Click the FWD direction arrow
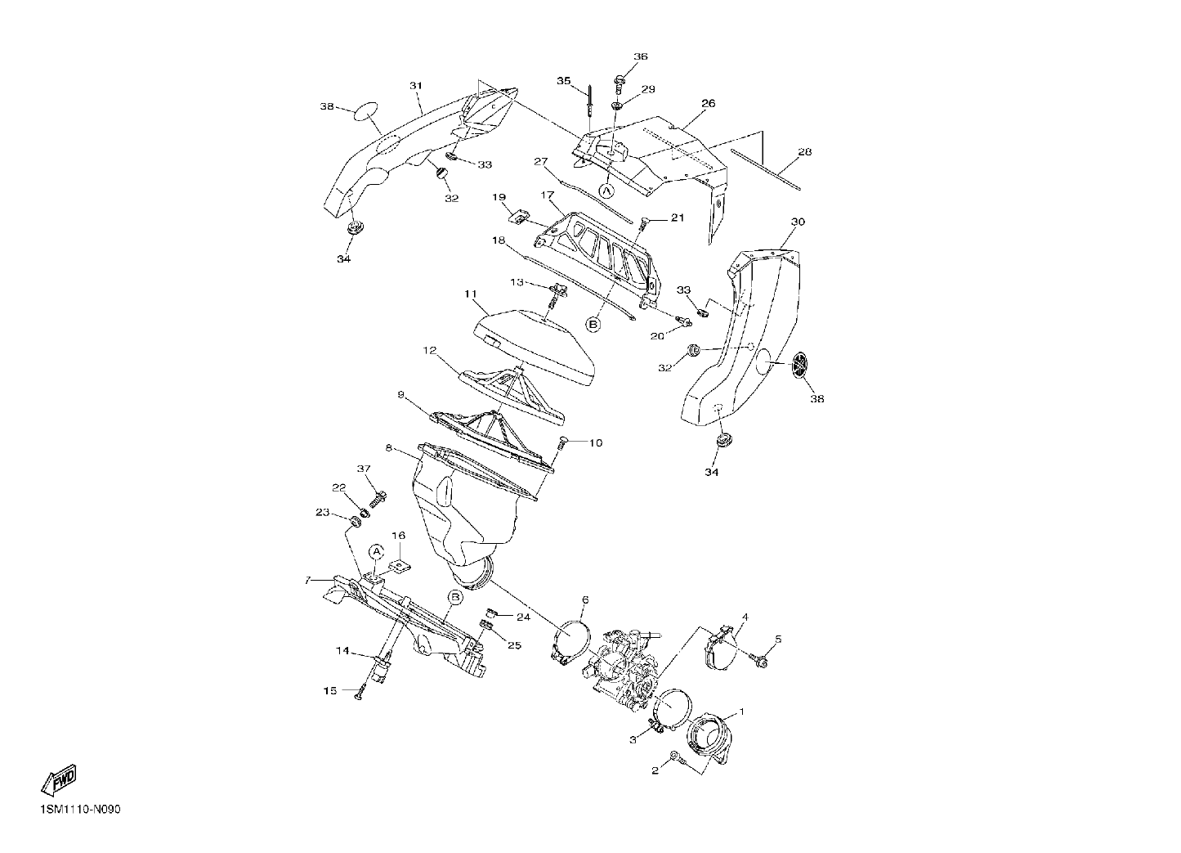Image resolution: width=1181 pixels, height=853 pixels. (59, 779)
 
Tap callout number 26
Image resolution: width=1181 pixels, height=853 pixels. (709, 103)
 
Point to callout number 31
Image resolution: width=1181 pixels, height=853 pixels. (416, 85)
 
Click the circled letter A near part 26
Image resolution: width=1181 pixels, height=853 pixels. (606, 190)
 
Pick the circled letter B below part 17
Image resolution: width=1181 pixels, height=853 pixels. (593, 325)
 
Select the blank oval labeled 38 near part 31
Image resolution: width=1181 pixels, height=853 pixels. (365, 112)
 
